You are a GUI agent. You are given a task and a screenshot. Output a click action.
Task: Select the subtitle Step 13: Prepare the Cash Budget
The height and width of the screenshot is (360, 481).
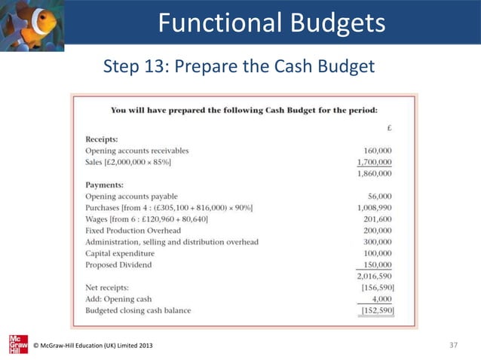239,68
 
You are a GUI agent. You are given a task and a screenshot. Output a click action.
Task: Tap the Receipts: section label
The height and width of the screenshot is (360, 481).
101,139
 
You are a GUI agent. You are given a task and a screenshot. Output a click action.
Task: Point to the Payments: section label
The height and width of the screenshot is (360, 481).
104,184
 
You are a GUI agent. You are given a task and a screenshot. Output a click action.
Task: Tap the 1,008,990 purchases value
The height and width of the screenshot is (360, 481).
373,207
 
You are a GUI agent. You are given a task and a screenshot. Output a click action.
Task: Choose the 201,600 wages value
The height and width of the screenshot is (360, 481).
377,219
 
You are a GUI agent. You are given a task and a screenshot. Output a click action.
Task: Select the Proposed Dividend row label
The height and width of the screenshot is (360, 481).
118,264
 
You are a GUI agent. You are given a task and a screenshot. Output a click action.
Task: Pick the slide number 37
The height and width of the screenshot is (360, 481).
453,345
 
